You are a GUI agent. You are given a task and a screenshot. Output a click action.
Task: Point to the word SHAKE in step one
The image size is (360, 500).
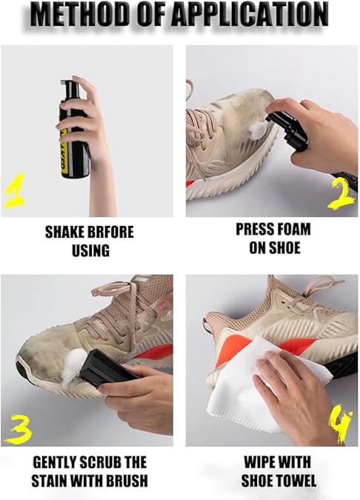pyautogui.click(x=63, y=232)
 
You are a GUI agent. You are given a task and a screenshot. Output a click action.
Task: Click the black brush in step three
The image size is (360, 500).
pyautogui.click(x=104, y=370)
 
